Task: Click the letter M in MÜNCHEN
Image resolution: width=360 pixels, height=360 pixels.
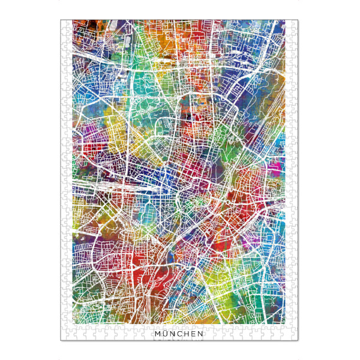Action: pos(157,333)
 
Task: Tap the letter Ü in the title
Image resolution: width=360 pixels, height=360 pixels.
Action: pos(164,333)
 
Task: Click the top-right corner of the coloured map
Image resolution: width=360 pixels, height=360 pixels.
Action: pos(285,20)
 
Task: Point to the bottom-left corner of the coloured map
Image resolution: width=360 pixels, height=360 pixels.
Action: pos(73,324)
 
